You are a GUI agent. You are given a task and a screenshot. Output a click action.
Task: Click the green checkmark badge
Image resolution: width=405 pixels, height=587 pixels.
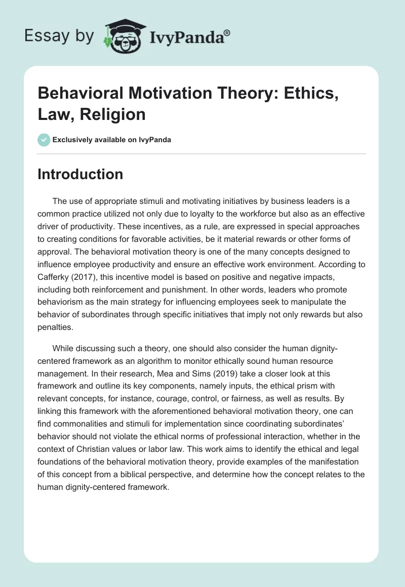(44, 140)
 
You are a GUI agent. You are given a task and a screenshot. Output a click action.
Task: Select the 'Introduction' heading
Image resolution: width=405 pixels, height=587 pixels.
(80, 174)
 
